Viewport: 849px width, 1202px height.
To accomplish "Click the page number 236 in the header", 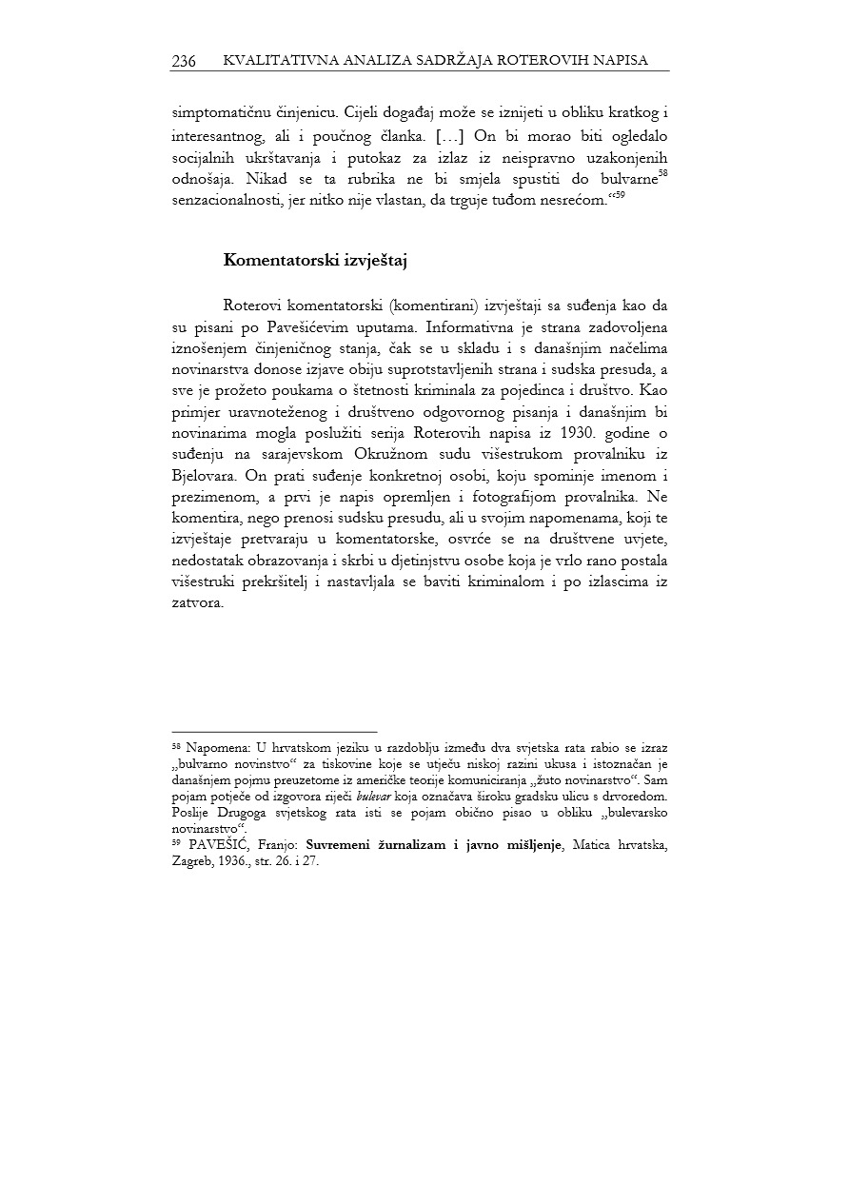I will click(x=184, y=61).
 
